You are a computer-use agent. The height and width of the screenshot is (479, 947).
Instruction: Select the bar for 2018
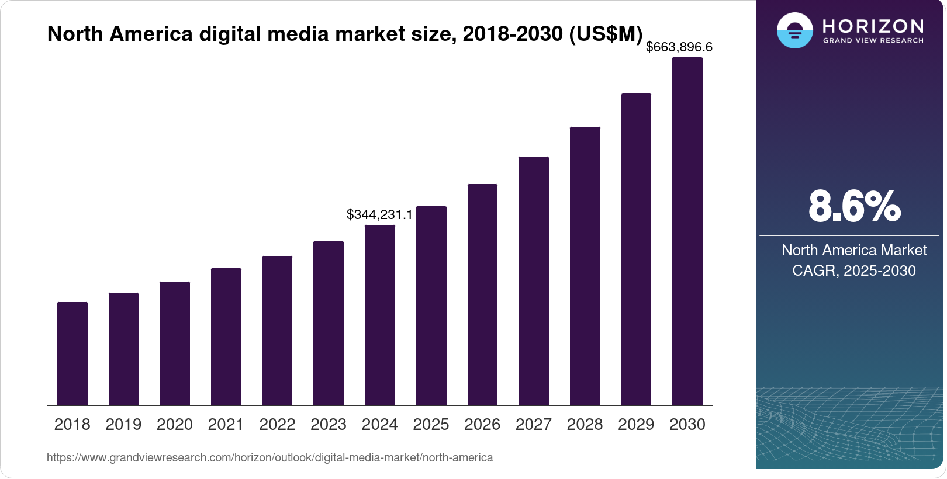pyautogui.click(x=72, y=353)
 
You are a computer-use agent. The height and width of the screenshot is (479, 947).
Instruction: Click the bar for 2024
pyautogui.click(x=380, y=315)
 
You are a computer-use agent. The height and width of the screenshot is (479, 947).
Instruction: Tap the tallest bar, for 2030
pyautogui.click(x=687, y=231)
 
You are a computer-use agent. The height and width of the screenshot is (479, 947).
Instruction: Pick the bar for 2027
pyautogui.click(x=534, y=281)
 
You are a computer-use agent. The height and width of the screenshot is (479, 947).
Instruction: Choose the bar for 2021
pyautogui.click(x=226, y=336)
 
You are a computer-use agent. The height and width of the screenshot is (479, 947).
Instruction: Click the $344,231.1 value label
pyautogui.click(x=379, y=214)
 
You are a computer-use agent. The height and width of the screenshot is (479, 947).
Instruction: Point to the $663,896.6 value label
pyautogui.click(x=679, y=47)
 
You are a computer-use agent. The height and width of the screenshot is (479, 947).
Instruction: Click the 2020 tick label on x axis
pyautogui.click(x=175, y=424)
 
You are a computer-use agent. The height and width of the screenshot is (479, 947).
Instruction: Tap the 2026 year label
pyautogui.click(x=482, y=424)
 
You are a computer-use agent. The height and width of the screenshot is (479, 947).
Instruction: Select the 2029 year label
pyautogui.click(x=636, y=424)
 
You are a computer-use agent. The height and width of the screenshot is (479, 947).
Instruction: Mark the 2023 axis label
pyautogui.click(x=329, y=424)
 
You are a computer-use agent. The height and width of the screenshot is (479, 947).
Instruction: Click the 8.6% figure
pyautogui.click(x=854, y=206)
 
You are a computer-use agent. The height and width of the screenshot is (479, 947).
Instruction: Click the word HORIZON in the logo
pyautogui.click(x=873, y=26)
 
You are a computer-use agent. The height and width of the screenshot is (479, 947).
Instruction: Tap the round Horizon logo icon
pyautogui.click(x=795, y=30)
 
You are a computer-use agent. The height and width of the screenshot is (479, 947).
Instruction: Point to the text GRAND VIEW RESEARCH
pyautogui.click(x=873, y=41)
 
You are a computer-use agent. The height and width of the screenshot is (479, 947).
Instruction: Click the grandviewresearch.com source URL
pyautogui.click(x=269, y=457)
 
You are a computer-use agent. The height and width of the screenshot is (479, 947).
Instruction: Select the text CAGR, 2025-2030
pyautogui.click(x=854, y=270)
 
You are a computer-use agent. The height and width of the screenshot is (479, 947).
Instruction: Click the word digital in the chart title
pyautogui.click(x=230, y=34)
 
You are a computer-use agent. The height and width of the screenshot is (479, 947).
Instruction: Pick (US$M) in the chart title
pyautogui.click(x=606, y=34)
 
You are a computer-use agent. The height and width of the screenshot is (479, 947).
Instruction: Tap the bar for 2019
pyautogui.click(x=123, y=349)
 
